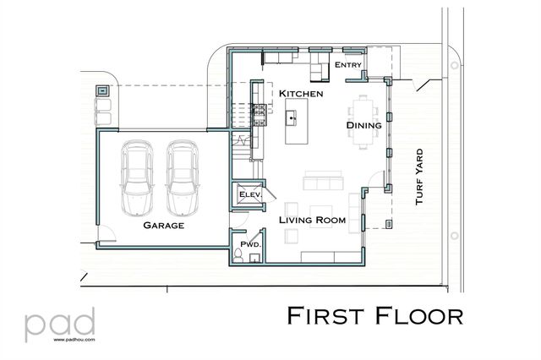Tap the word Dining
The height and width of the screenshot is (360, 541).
tap(363, 126)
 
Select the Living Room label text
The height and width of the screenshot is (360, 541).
tap(314, 220)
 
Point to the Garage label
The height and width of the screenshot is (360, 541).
tap(163, 226)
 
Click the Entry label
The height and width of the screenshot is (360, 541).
tap(347, 65)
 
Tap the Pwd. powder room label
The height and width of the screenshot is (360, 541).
tap(249, 244)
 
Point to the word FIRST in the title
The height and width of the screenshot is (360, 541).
tap(325, 315)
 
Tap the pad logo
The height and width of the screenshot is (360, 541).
tap(59, 323)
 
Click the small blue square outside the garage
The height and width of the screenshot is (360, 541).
tap(102, 89)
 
